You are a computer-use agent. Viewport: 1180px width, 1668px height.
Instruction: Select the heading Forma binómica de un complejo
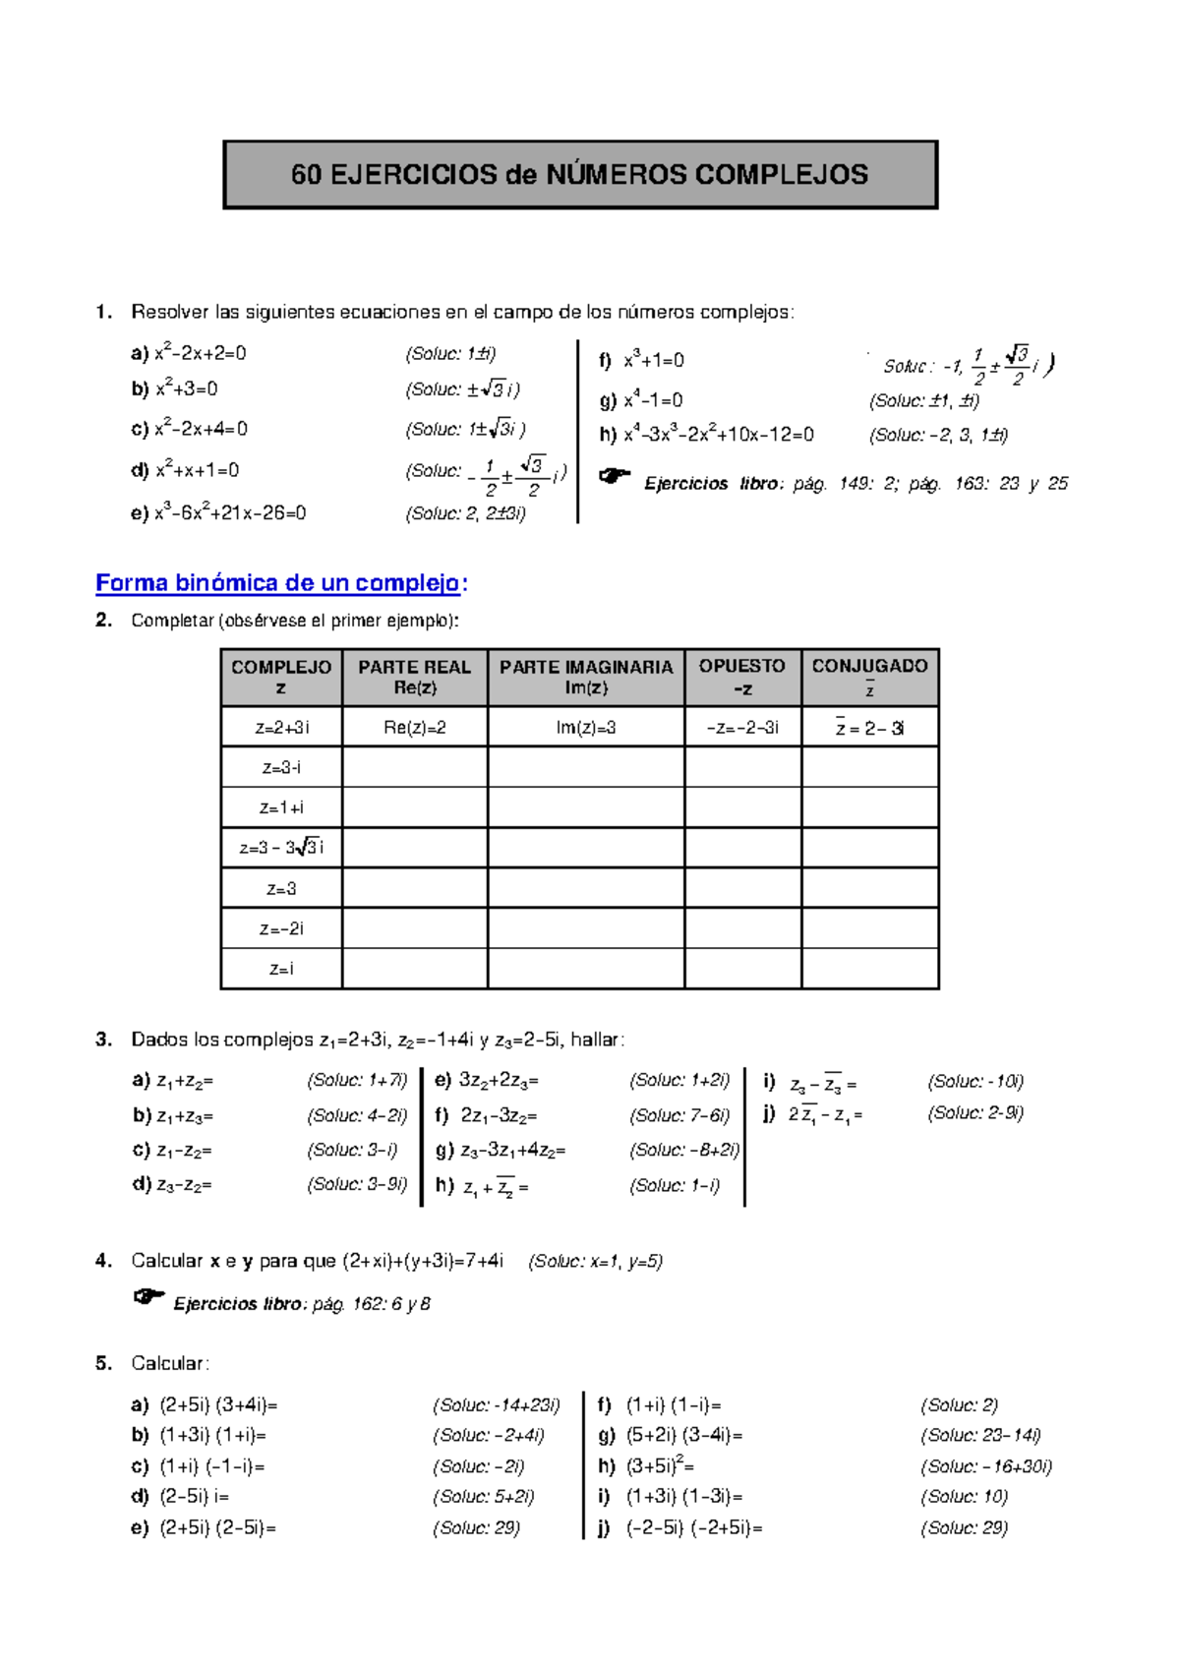278,583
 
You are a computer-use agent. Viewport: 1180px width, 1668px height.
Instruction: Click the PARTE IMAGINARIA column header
586,677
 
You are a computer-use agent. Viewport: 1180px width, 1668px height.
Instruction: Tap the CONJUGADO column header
869,676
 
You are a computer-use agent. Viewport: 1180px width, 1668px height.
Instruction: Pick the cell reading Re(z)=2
414,728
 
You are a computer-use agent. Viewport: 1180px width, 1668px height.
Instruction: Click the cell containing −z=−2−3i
742,728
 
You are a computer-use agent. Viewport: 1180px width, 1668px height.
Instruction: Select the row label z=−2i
281,928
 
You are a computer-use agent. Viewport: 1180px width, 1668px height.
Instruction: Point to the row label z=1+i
281,807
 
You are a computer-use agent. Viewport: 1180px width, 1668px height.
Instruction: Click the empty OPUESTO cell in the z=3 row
742,888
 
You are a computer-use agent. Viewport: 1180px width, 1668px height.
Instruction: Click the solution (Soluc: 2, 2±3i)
465,513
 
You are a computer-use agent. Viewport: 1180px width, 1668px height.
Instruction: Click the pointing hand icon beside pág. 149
615,477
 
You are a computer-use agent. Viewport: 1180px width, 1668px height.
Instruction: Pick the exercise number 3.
103,1040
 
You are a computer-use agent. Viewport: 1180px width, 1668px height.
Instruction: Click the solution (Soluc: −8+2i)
684,1150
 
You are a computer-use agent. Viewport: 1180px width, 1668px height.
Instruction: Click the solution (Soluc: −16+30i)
986,1466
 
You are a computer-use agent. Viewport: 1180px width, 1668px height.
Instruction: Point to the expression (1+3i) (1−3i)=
684,1497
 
